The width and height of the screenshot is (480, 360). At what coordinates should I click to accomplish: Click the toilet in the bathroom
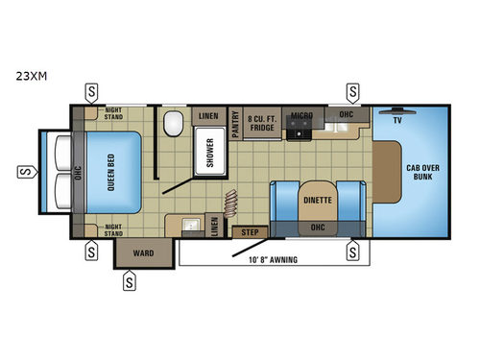click(x=174, y=125)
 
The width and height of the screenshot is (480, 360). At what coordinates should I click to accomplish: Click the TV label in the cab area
click(x=398, y=123)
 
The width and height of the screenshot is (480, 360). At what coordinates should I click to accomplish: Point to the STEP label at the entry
click(x=251, y=232)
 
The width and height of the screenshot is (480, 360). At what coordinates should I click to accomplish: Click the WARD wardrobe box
click(x=142, y=253)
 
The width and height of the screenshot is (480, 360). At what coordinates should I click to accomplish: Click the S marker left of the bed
click(x=21, y=173)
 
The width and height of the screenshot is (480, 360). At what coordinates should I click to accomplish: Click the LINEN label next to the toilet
click(x=207, y=115)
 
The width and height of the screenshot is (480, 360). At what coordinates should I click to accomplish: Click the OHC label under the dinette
click(x=318, y=228)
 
